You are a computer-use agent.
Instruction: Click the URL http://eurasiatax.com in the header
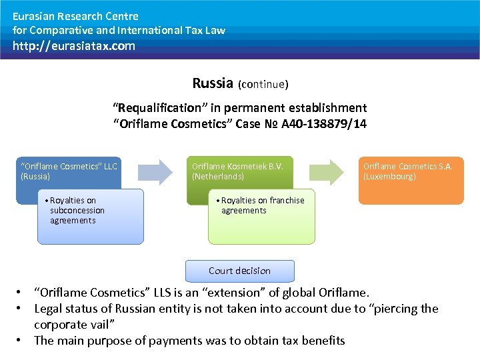(x=73, y=46)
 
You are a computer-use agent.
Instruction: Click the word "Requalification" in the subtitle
(x=157, y=107)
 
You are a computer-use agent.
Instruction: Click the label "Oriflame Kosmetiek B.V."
(x=237, y=166)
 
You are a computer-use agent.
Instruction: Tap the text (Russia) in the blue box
(x=35, y=177)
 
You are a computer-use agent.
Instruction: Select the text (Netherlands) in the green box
(x=218, y=177)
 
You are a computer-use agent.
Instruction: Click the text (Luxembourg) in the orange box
(x=389, y=177)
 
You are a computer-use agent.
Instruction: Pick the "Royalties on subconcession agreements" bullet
(x=77, y=210)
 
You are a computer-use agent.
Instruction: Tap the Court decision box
(x=239, y=271)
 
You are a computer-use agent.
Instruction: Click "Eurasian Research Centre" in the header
(x=75, y=16)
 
